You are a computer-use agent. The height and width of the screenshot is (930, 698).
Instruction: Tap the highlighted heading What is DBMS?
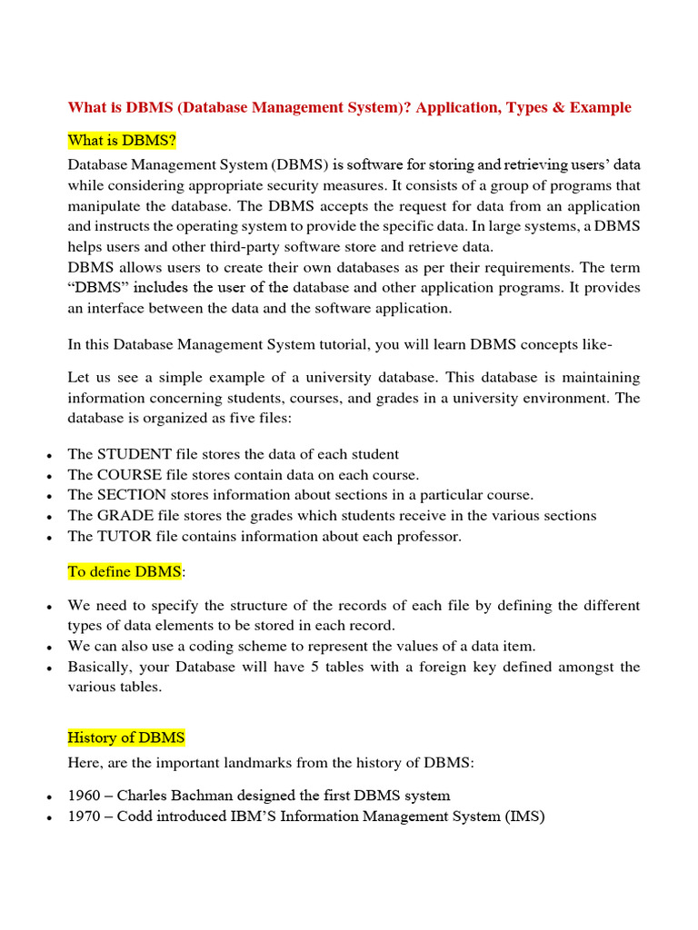[122, 142]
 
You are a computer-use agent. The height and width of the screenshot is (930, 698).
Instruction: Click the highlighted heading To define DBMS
[125, 571]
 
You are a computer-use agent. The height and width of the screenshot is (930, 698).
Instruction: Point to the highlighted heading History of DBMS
[126, 737]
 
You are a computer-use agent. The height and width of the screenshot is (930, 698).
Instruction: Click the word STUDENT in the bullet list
[134, 454]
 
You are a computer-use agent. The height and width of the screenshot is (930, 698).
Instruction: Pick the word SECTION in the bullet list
[132, 495]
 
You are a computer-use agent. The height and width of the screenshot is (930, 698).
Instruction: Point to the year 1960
[84, 796]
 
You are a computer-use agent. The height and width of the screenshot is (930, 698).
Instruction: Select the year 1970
[84, 816]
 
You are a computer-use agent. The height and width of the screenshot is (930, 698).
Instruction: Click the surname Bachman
[203, 796]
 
